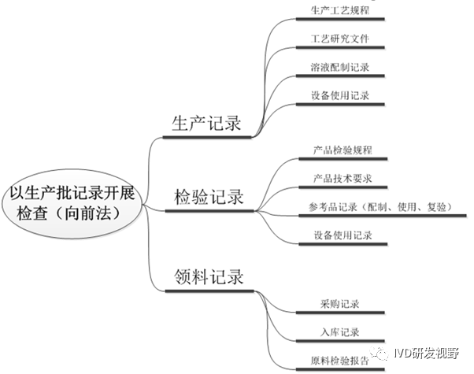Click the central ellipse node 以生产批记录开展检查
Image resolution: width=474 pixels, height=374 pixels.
(x=72, y=202)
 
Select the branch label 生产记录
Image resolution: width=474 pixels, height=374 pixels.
(x=207, y=123)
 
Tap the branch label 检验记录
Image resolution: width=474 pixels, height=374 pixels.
(x=209, y=197)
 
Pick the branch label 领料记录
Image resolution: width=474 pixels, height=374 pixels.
(x=209, y=276)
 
